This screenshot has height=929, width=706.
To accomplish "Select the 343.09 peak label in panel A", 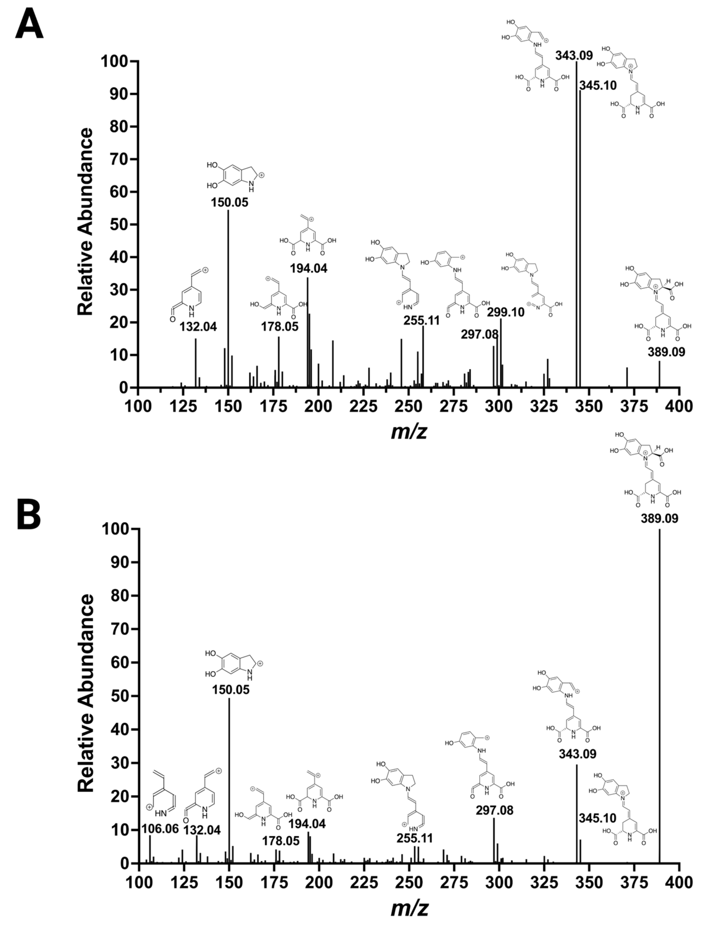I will click(574, 55).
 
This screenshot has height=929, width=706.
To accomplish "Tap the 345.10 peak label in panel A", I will click(598, 85).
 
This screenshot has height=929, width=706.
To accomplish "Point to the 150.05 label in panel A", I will click(229, 202).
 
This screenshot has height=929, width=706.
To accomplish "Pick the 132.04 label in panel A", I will click(198, 327).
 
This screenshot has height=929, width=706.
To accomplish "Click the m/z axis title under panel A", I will click(409, 431).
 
